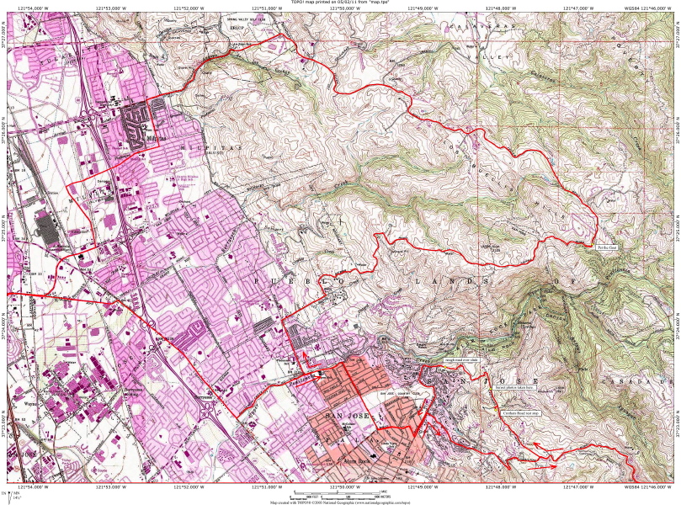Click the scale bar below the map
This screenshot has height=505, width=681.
pyautogui.click(x=340, y=492)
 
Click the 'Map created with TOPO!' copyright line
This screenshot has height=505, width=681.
pyautogui.click(x=340, y=502)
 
